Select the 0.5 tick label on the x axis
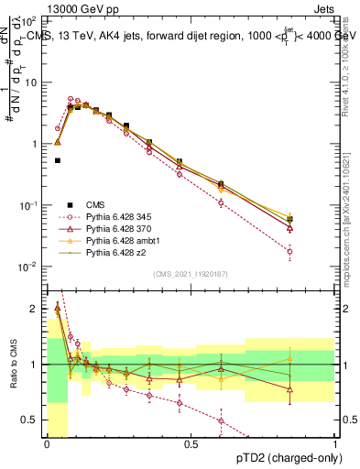coord(191,444)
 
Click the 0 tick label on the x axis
coord(47,444)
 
